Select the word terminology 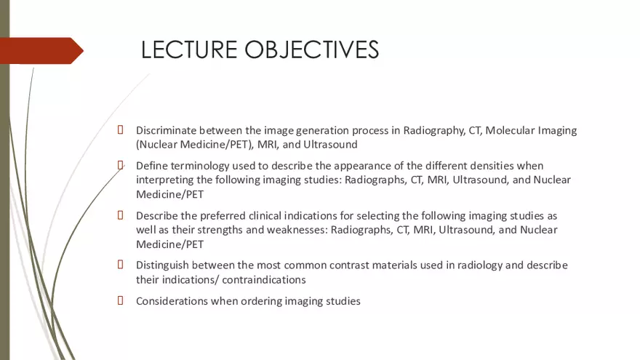pos(201,166)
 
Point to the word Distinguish pos(164,265)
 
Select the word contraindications pos(264,279)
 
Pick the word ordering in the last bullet pos(265,300)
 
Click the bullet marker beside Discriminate pos(121,130)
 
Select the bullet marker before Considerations pos(121,300)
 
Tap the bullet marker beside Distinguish pos(121,265)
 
